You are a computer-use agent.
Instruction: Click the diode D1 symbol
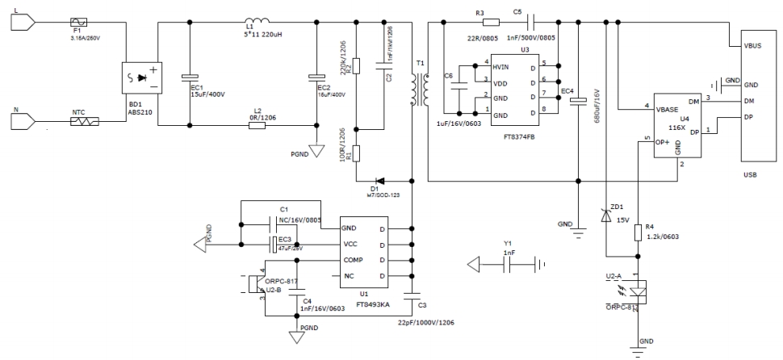[x=377, y=182]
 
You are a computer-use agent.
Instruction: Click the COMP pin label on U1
[x=353, y=261]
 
